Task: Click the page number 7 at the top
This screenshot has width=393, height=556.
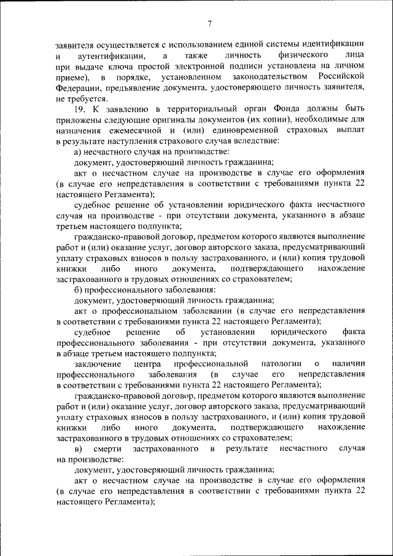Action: click(x=209, y=23)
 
